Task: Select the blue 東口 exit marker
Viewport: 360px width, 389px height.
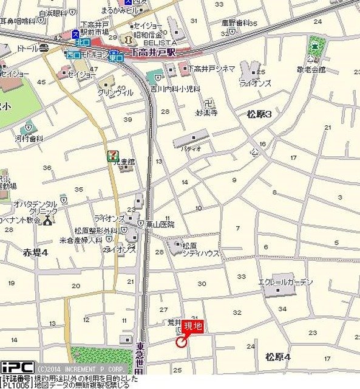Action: [x=116, y=58]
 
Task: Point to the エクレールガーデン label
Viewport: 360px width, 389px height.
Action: [x=285, y=282]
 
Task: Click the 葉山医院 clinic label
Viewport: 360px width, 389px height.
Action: [x=160, y=224]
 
